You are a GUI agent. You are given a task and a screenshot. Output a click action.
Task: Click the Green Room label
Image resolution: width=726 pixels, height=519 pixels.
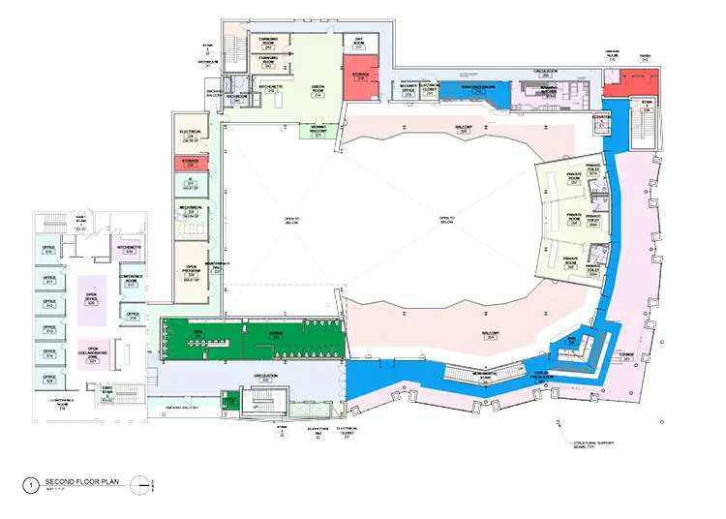click(x=316, y=89)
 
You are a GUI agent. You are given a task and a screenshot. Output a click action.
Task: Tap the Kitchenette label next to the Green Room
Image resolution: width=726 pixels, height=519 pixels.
click(x=270, y=88)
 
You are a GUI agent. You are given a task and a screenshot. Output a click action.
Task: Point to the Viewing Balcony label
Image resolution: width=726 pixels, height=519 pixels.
click(x=318, y=130)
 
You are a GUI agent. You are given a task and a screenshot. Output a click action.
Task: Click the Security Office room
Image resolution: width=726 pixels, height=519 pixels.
click(x=408, y=93)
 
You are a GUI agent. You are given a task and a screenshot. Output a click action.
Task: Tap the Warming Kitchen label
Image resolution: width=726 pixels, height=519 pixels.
click(x=548, y=92)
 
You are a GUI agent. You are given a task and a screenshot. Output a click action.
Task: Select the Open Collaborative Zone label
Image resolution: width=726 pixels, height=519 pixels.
click(x=94, y=354)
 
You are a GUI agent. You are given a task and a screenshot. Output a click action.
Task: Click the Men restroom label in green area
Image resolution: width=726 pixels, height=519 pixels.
click(x=197, y=335)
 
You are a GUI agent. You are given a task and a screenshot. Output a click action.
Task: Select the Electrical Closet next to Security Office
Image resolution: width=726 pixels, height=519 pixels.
click(x=430, y=93)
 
